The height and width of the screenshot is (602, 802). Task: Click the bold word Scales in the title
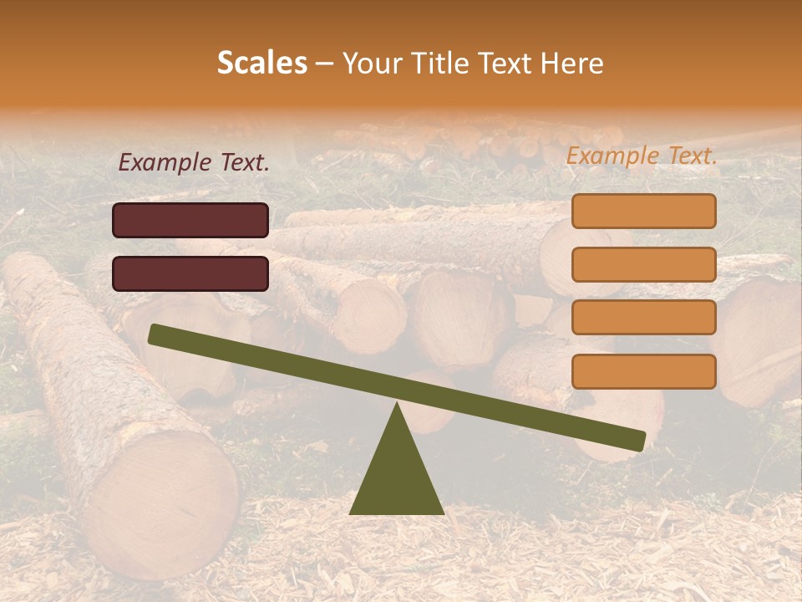pyautogui.click(x=262, y=63)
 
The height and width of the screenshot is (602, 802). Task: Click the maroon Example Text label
pyautogui.click(x=194, y=163)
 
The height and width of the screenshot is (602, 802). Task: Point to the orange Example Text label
pyautogui.click(x=642, y=156)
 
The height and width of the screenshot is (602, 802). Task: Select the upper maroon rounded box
pyautogui.click(x=190, y=220)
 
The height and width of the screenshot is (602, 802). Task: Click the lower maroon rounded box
pyautogui.click(x=190, y=273)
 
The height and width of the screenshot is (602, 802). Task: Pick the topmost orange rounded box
pyautogui.click(x=643, y=211)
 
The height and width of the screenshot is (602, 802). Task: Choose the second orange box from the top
pyautogui.click(x=643, y=264)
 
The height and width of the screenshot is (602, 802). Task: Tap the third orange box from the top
pyautogui.click(x=643, y=318)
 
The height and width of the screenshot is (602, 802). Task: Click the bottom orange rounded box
pyautogui.click(x=643, y=371)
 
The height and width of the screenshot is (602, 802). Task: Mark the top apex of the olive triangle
pyautogui.click(x=396, y=405)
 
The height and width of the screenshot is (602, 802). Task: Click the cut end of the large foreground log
pyautogui.click(x=164, y=503)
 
